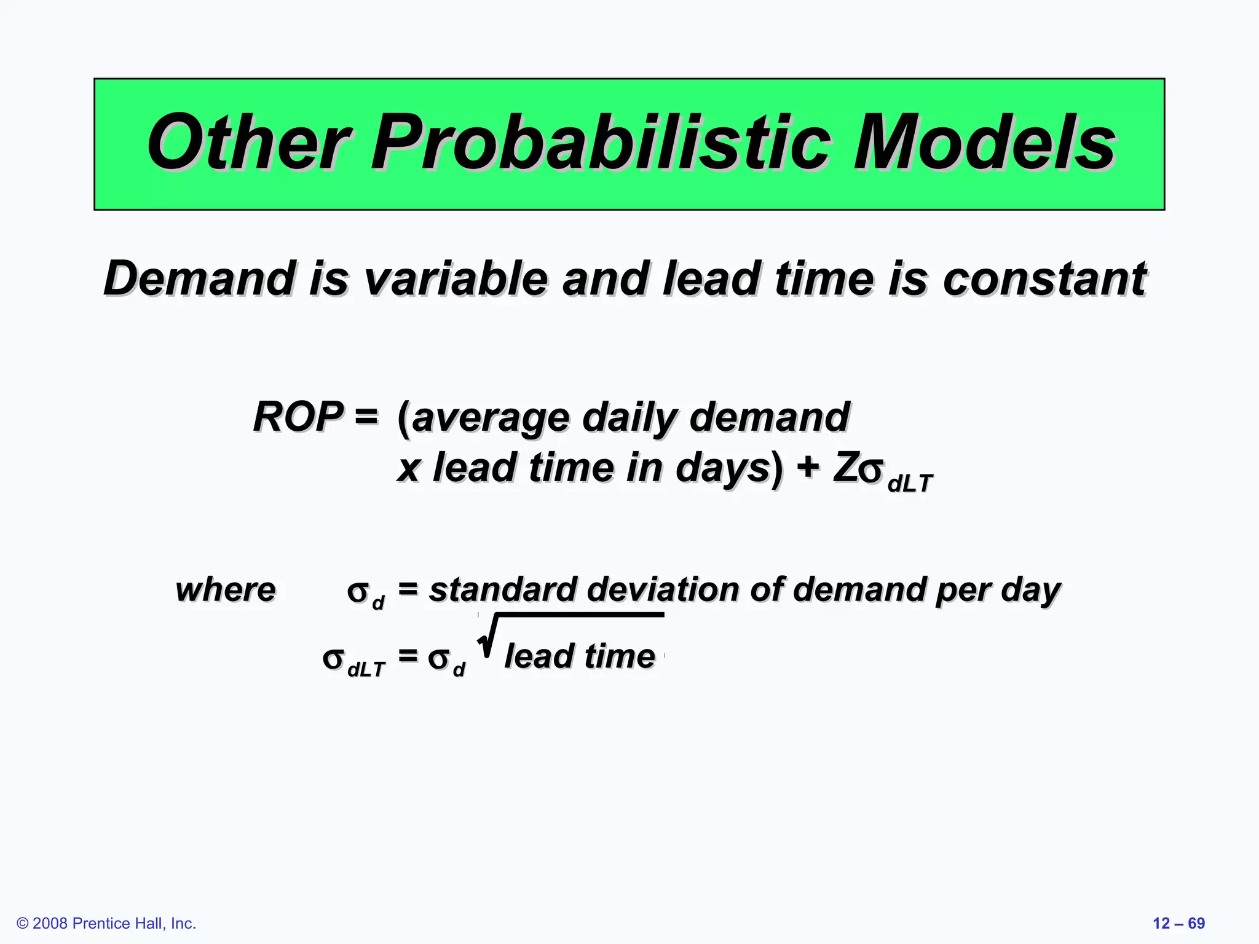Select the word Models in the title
(x=984, y=143)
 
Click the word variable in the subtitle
(x=455, y=279)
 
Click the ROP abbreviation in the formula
(x=298, y=417)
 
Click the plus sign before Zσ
(x=808, y=467)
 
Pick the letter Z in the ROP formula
(x=845, y=467)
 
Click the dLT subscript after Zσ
(x=910, y=484)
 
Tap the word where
(x=226, y=590)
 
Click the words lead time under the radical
(x=579, y=656)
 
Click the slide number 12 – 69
(x=1178, y=923)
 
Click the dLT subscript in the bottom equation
(x=366, y=669)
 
